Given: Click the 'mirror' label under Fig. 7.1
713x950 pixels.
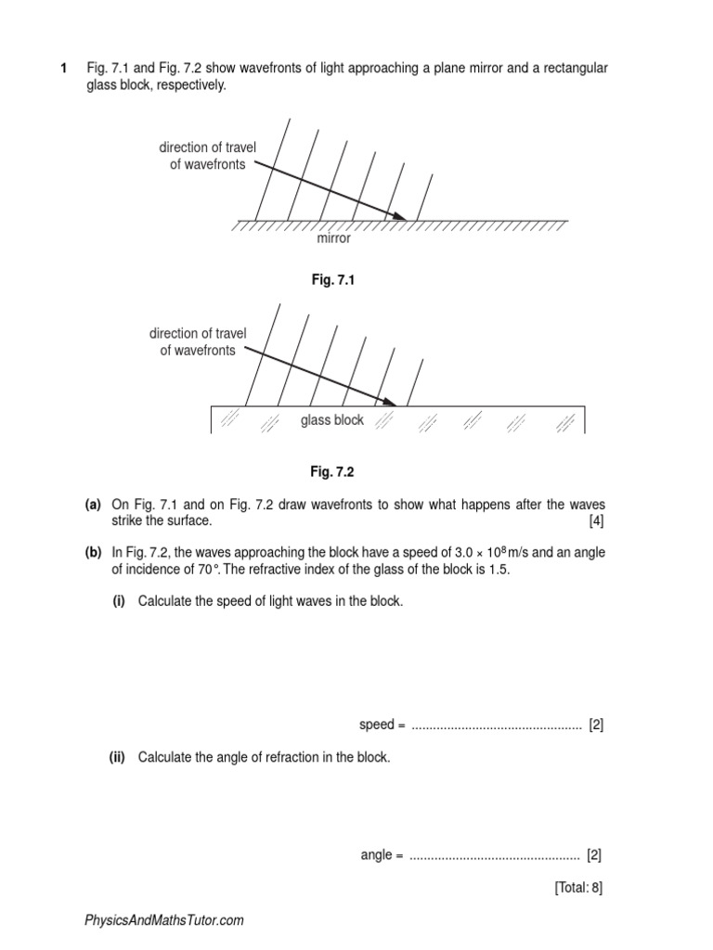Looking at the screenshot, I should tap(334, 238).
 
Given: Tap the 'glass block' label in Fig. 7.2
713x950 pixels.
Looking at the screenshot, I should tap(332, 420).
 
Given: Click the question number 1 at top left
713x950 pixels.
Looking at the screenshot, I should tap(64, 69).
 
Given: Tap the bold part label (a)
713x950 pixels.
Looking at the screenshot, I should tap(93, 504).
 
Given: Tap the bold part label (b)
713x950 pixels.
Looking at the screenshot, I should tap(93, 552).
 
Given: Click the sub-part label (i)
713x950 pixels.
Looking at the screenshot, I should tap(119, 601).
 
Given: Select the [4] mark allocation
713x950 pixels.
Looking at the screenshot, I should tap(596, 520).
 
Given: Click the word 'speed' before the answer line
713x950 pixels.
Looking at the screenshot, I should tap(376, 725).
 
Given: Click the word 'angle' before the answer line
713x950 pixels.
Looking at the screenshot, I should tap(376, 855).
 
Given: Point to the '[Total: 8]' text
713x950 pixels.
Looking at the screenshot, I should tap(578, 888).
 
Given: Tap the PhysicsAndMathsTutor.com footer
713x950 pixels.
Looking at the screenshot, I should tap(164, 920).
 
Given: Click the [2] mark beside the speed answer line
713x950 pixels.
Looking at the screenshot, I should tap(596, 725).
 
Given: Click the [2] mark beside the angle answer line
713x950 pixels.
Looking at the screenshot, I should tap(595, 855).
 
